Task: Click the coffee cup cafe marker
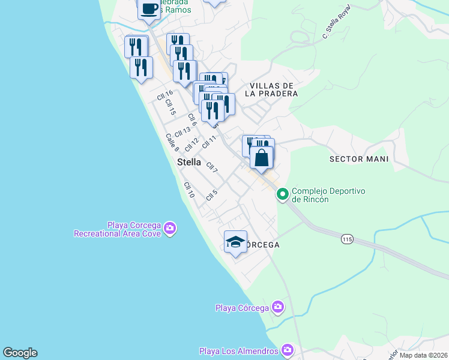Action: tap(149, 9)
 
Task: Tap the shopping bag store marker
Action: tap(262, 158)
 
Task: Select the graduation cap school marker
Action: tap(235, 242)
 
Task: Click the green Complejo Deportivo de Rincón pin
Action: tap(282, 194)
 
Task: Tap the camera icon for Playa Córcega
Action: tap(277, 308)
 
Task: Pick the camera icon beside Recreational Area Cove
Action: tap(170, 229)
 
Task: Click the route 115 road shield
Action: tap(347, 239)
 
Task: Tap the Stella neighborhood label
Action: tap(189, 162)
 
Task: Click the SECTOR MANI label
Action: tap(359, 159)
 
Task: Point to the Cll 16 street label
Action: tap(164, 95)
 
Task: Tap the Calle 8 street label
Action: tap(172, 142)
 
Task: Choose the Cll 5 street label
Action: tap(211, 195)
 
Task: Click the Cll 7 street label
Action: tap(211, 167)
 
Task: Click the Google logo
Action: tap(20, 353)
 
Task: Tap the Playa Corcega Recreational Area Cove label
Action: tap(117, 229)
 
